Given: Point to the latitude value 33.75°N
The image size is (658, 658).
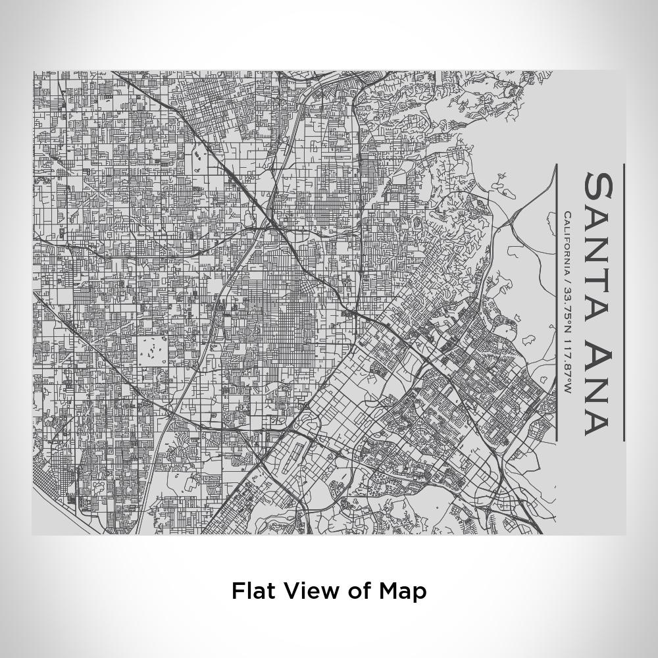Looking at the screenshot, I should (x=567, y=309).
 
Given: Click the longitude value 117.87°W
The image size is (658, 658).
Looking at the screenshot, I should (x=567, y=367).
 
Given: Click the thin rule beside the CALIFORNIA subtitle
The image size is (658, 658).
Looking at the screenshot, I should (x=557, y=303).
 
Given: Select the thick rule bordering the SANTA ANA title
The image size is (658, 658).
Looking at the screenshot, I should (x=624, y=303).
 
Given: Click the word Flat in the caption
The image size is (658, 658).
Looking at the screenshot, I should (x=252, y=591).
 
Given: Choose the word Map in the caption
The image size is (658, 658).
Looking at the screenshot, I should (x=402, y=591).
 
